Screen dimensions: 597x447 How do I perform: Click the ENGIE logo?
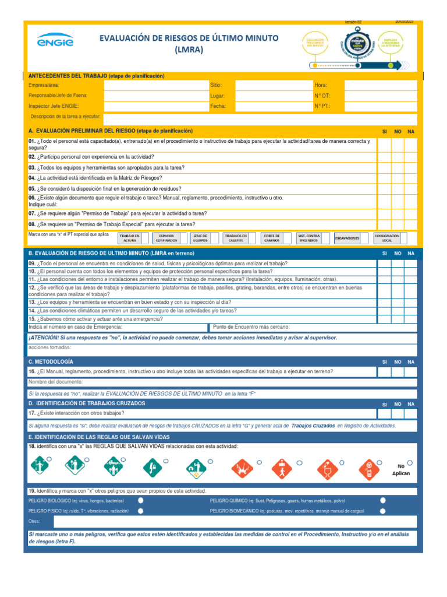coord(55,42)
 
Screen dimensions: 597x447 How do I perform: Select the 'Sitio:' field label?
coord(216,85)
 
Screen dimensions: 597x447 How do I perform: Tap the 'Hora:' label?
coord(321,85)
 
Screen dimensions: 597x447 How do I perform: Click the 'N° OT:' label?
coord(322,96)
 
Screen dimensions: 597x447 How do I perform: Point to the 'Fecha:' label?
coord(218,106)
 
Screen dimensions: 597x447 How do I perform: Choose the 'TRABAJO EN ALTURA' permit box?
coord(129,238)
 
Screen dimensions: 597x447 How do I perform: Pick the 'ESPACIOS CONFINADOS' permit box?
coord(170,238)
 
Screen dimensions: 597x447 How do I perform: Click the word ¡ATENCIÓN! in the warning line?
coord(44,338)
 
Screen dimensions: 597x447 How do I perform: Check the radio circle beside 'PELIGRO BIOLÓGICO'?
coord(141,500)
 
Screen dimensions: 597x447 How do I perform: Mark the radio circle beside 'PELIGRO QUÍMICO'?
coord(382,500)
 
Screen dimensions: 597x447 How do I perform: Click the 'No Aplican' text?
coord(400,470)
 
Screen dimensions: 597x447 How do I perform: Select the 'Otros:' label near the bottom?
coord(34,521)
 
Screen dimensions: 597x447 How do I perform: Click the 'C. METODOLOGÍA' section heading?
coord(51,362)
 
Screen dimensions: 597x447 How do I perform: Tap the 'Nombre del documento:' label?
coord(55,382)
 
